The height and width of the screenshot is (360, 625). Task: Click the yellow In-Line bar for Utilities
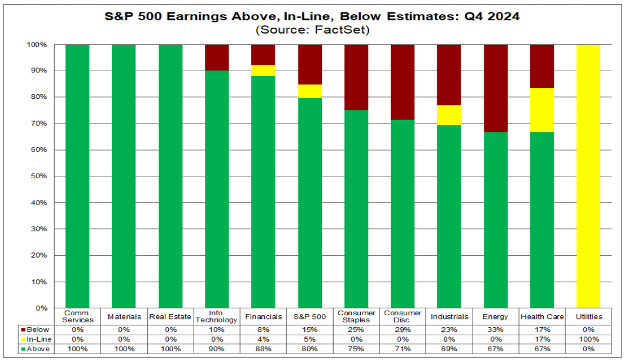click(x=589, y=176)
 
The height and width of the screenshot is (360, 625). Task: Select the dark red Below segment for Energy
click(x=496, y=88)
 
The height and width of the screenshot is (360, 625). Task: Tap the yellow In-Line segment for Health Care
click(x=542, y=111)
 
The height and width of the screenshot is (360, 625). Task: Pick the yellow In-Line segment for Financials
click(x=263, y=71)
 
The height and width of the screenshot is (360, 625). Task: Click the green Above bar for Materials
click(x=124, y=176)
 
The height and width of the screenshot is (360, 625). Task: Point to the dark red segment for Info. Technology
click(x=217, y=58)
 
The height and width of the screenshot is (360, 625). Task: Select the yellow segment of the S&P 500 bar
click(x=310, y=91)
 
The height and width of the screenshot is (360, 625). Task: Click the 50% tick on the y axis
click(x=39, y=176)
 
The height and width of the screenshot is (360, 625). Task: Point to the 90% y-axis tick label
click(x=39, y=71)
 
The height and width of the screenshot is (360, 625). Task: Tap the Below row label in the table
click(x=38, y=330)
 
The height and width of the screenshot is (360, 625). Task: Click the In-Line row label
click(x=39, y=339)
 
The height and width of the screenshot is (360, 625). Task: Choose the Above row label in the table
click(x=38, y=349)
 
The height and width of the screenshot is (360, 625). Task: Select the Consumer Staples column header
click(x=357, y=316)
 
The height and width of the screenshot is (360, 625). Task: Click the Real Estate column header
click(x=170, y=316)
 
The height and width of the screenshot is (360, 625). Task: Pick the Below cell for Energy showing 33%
click(x=496, y=330)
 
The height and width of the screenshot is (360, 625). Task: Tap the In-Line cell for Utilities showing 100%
click(x=589, y=339)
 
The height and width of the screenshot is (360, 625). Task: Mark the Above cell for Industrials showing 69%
click(x=449, y=349)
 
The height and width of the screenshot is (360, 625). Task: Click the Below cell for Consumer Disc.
click(x=403, y=330)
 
